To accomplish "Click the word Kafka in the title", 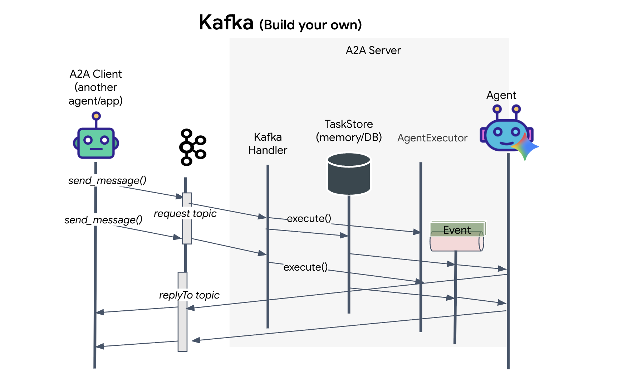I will (226, 23).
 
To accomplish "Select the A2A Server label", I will (373, 50).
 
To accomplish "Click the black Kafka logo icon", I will (192, 147).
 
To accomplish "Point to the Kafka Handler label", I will (268, 144).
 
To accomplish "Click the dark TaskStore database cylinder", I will (349, 174).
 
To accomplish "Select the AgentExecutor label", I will (432, 138).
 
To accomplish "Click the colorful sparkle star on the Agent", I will (525, 146).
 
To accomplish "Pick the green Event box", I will (457, 228).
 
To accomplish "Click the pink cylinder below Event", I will (456, 243).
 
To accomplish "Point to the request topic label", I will (185, 214).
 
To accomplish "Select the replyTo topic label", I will (189, 295).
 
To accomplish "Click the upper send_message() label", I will (107, 180).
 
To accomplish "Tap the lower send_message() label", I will (103, 220).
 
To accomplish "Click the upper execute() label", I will (309, 218).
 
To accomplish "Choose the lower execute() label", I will (305, 267).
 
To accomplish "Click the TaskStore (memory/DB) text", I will (349, 131).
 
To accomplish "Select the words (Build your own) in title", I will (310, 25).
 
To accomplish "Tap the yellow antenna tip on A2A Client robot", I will (96, 116).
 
